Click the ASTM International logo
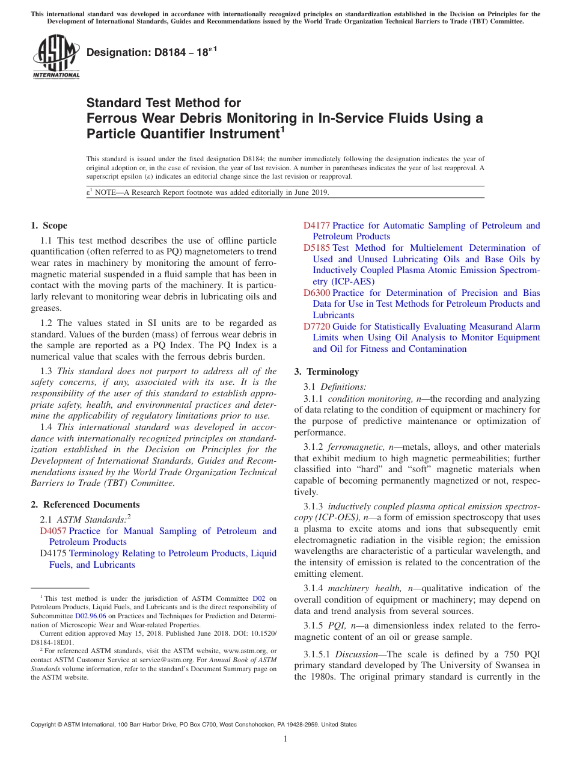tap(55, 57)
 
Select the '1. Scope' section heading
tap(49, 226)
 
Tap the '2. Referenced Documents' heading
tap(85, 505)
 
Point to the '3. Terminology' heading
tap(326, 371)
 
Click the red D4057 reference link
tap(53, 531)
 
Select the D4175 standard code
tap(53, 553)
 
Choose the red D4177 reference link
tap(317, 226)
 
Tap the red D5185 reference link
tap(317, 248)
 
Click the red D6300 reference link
tap(317, 293)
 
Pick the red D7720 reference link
tap(317, 327)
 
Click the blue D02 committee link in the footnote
tap(258, 598)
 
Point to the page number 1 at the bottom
tap(285, 739)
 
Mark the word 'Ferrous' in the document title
tap(111, 118)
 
